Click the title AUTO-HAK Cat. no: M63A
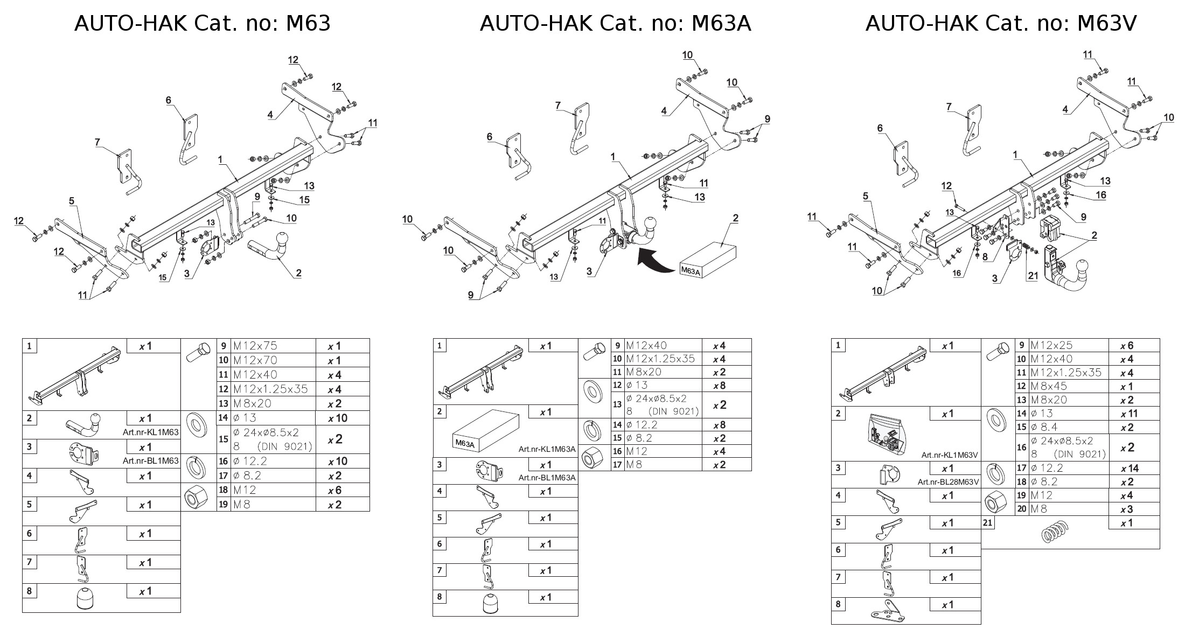point(615,23)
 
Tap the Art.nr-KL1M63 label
point(151,432)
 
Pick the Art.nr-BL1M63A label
point(547,478)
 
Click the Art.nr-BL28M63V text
point(948,482)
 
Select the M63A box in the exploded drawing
point(708,259)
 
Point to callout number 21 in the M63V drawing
point(1032,276)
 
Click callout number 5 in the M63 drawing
point(71,201)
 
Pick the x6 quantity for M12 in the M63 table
point(334,490)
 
